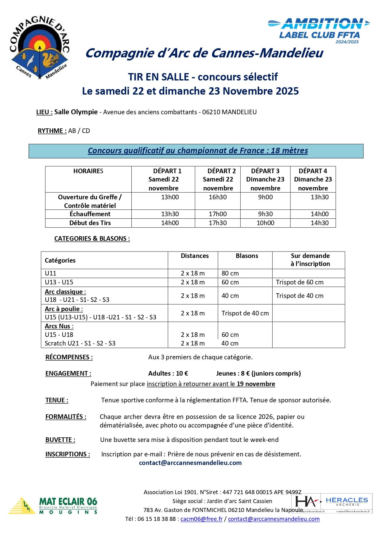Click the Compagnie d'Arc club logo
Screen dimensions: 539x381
(x=39, y=48)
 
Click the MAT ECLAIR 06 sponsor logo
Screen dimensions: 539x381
(x=53, y=506)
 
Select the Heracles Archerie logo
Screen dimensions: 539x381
(x=332, y=503)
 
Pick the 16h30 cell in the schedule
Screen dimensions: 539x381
(x=218, y=197)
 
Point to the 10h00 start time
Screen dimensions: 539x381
(x=266, y=223)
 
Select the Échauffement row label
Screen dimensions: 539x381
(x=90, y=214)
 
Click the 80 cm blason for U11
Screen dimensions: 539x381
(x=230, y=273)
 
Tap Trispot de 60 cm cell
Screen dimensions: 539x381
(x=300, y=282)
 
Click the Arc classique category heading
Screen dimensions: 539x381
(x=65, y=292)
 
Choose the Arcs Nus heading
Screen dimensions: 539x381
(x=59, y=326)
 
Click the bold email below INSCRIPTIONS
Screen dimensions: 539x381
(x=190, y=463)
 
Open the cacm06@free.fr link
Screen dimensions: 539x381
(x=201, y=519)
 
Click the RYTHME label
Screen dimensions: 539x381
(x=52, y=131)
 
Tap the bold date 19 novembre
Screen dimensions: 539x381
(x=256, y=384)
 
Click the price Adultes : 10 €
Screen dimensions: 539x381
(x=168, y=373)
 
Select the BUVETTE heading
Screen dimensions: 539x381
(x=60, y=440)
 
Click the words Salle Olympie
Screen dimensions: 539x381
(x=76, y=112)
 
